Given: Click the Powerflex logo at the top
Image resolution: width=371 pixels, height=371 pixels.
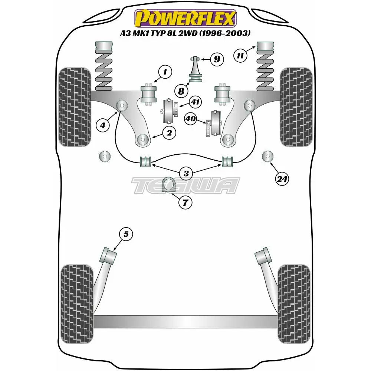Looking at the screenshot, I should point(185,18).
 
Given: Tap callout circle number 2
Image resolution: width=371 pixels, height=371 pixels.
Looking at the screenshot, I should point(169,132).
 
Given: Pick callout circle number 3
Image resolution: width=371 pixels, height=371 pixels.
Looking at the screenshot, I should point(185,173).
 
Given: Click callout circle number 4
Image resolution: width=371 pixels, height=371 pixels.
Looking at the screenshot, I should point(103,125).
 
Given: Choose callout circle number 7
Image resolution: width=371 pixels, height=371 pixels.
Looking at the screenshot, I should point(185,203).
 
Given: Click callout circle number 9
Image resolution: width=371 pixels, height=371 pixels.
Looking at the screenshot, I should point(217,59).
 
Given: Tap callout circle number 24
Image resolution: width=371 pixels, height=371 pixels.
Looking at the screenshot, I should point(282,179).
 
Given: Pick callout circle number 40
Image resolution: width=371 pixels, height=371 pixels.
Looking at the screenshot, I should point(191,119).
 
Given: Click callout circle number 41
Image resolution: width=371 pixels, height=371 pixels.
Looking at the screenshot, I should point(195,101).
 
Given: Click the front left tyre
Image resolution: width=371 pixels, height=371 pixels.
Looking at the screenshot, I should point(75,106).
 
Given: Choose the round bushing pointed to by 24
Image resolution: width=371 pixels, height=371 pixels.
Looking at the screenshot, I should point(267,157).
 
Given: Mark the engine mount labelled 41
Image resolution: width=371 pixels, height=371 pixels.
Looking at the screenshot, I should point(170,111).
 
